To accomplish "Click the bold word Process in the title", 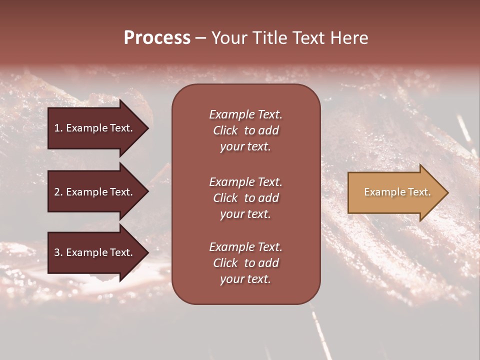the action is pyautogui.click(x=157, y=38).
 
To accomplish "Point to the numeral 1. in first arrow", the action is pyautogui.click(x=58, y=128).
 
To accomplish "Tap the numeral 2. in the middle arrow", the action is pyautogui.click(x=58, y=192).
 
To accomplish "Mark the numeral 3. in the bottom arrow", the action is pyautogui.click(x=58, y=253).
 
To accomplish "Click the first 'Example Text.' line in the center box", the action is pyautogui.click(x=245, y=114).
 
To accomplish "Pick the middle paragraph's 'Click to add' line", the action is pyautogui.click(x=245, y=198).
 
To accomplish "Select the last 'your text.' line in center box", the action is pyautogui.click(x=245, y=279).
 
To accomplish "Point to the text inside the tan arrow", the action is pyautogui.click(x=397, y=192).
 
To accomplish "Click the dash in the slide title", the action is pyautogui.click(x=201, y=38).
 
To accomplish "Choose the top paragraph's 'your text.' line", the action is pyautogui.click(x=245, y=147).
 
